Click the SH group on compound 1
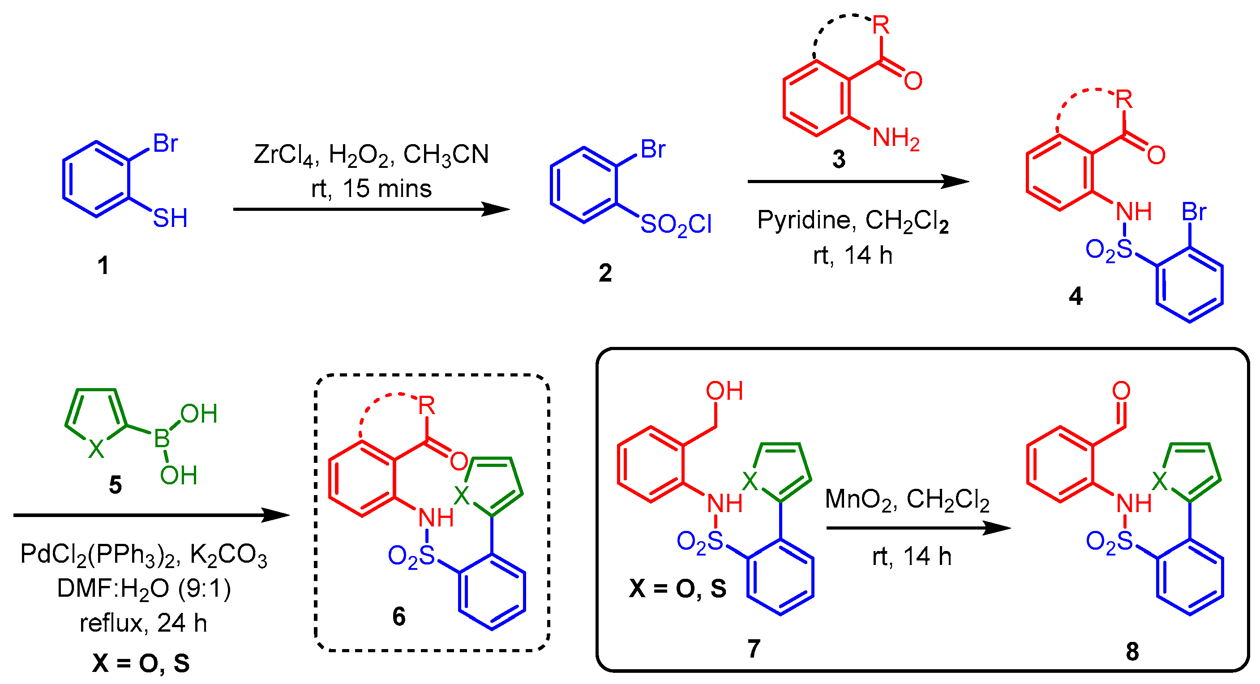pos(170,218)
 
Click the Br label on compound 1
pos(165,143)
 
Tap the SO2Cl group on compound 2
pos(676,225)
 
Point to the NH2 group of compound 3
pos(896,138)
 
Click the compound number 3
pos(838,159)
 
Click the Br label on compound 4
pos(1193,212)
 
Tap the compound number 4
pos(1075,296)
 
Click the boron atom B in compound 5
pos(162,439)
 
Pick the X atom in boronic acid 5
pos(96,449)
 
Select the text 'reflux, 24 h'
pos(143,623)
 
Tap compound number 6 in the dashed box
pos(399,616)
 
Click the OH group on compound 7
pos(724,391)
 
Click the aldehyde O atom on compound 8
pos(1121,391)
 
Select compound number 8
pos(1132,651)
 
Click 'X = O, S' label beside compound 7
pos(677,588)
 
